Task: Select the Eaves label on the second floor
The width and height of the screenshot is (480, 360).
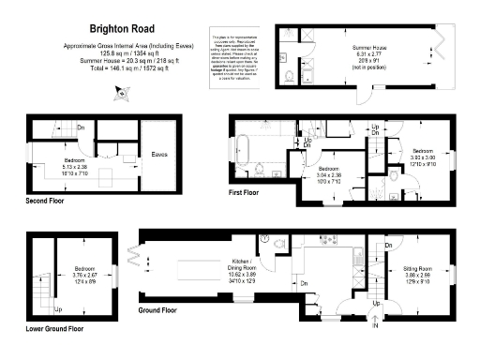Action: pos(159,154)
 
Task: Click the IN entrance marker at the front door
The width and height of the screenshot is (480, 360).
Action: pos(375,325)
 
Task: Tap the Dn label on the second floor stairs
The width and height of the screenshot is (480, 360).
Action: pos(82,127)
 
